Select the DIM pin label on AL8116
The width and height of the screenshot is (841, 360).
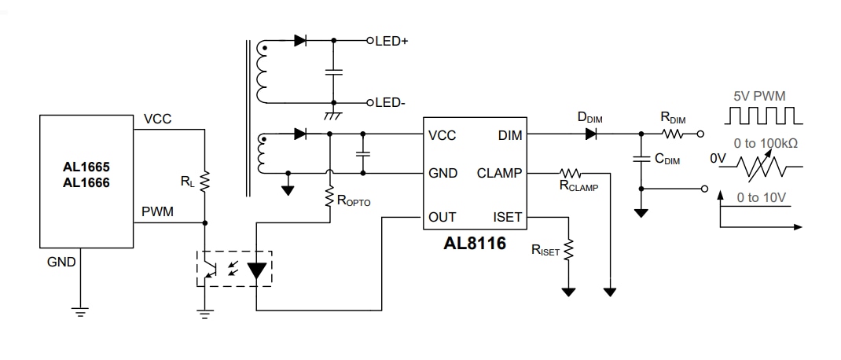pyautogui.click(x=510, y=135)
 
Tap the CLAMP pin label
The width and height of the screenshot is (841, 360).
pyautogui.click(x=500, y=173)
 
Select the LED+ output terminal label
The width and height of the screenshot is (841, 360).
pyautogui.click(x=391, y=41)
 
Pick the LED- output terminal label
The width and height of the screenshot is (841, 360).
pyautogui.click(x=390, y=103)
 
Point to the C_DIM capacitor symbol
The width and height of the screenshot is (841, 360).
pyautogui.click(x=641, y=160)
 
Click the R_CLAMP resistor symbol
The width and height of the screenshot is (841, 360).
pyautogui.click(x=570, y=173)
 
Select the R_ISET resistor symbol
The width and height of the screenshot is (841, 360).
pyautogui.click(x=568, y=250)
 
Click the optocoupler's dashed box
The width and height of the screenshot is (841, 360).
pyautogui.click(x=233, y=269)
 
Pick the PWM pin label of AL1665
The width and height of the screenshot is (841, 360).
pyautogui.click(x=158, y=211)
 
